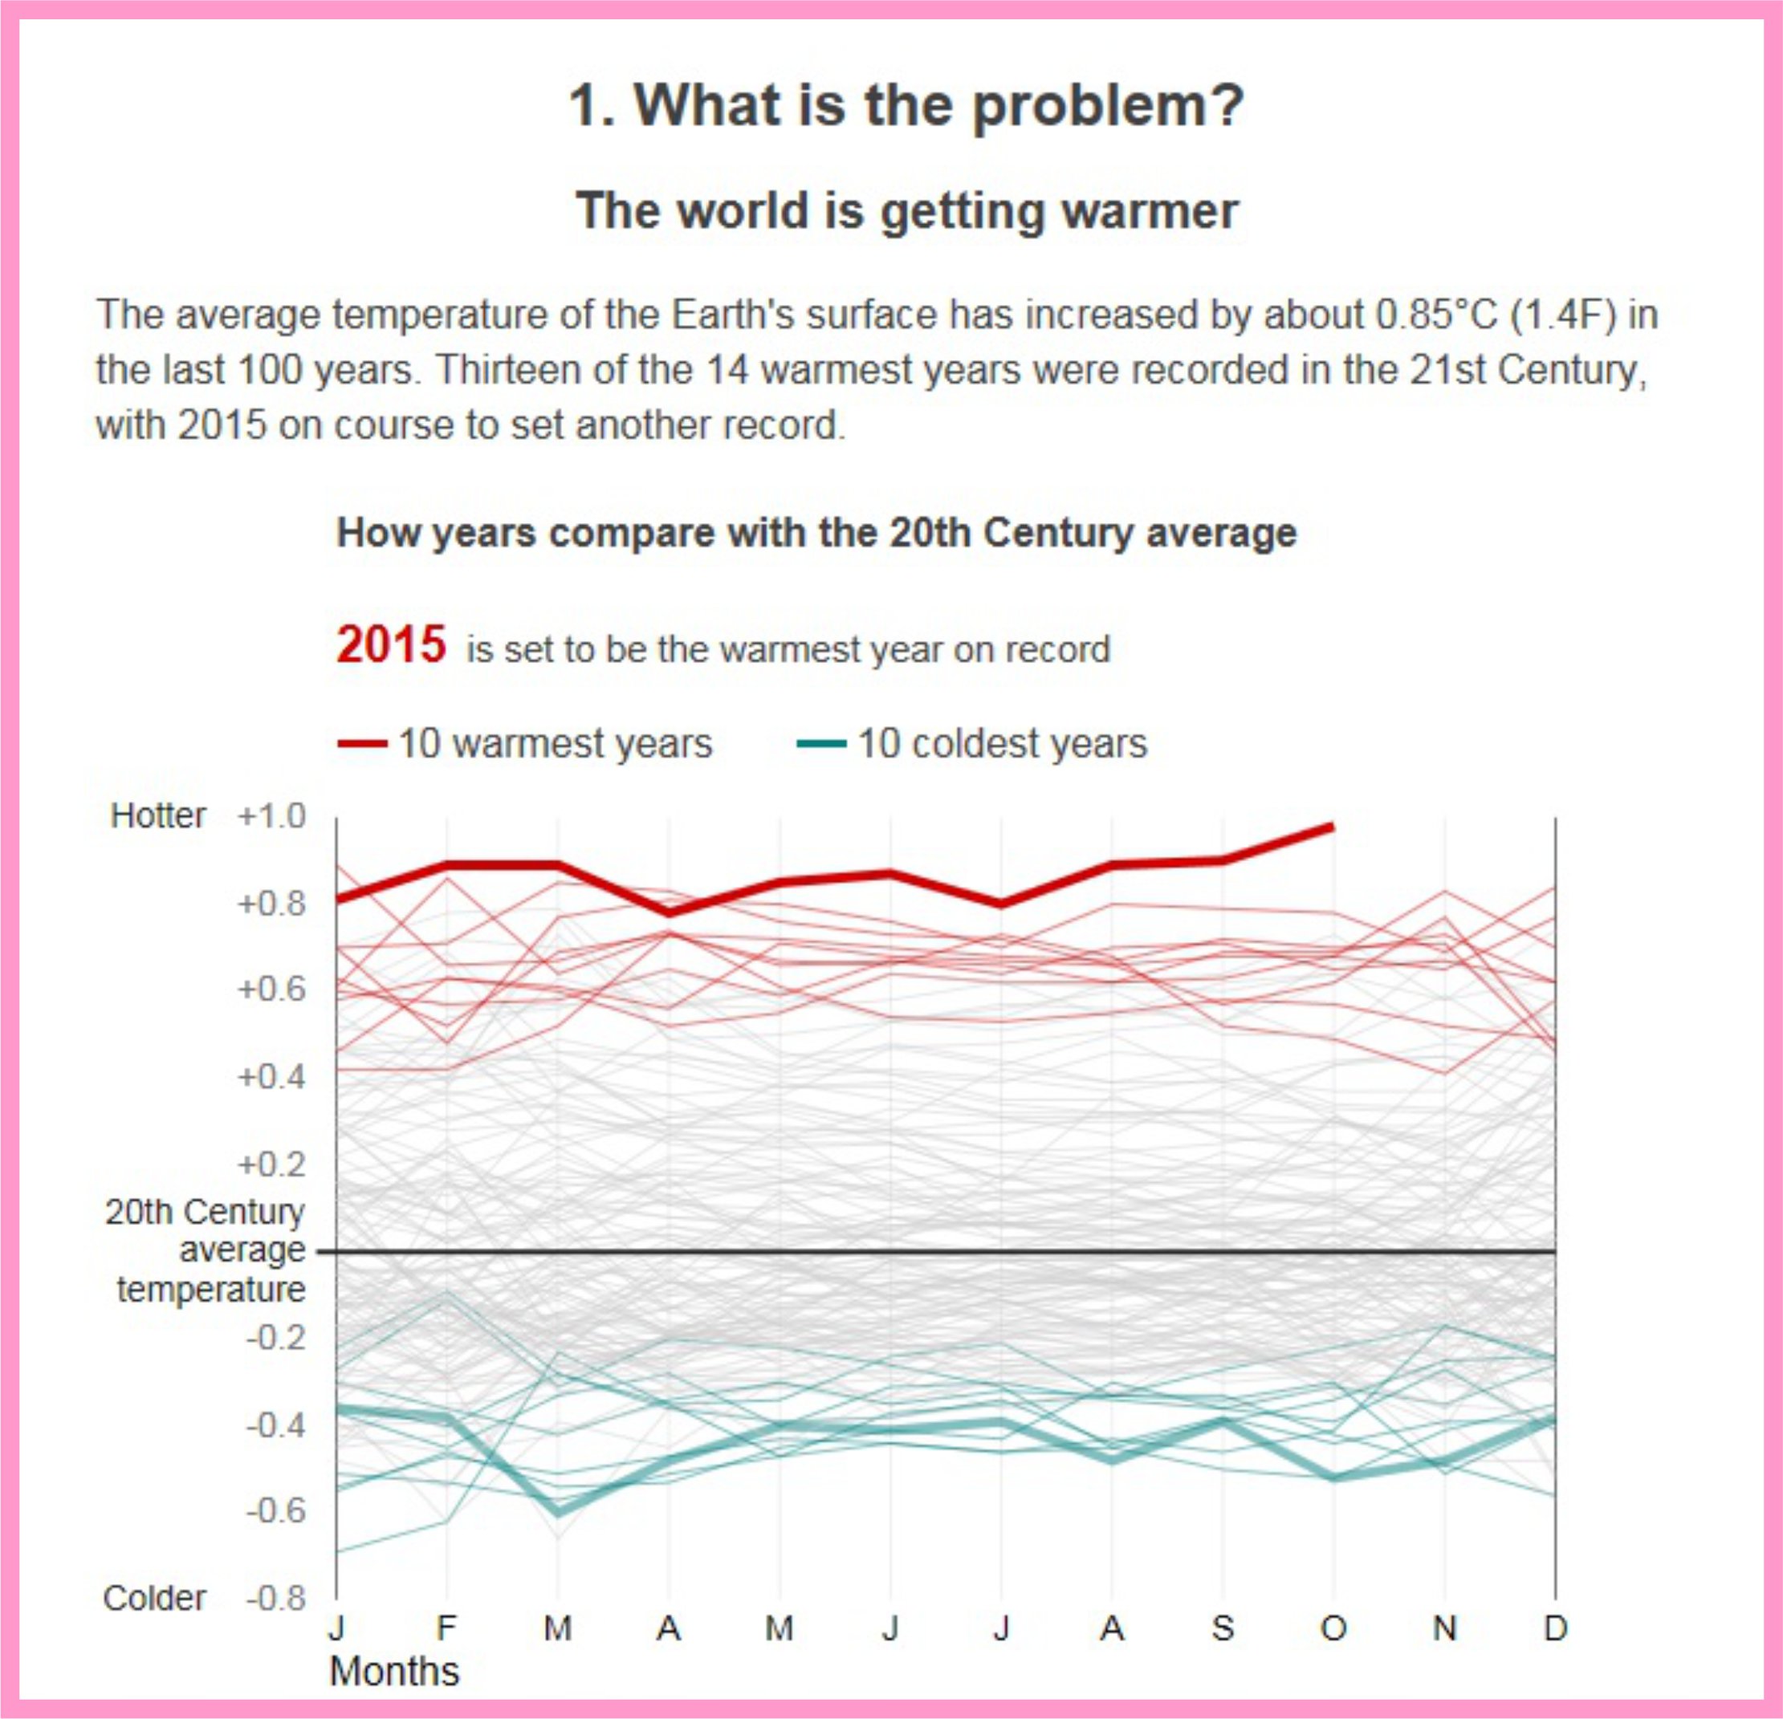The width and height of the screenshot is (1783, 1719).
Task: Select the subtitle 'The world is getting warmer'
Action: click(906, 211)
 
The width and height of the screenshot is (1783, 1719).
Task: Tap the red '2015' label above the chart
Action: click(391, 645)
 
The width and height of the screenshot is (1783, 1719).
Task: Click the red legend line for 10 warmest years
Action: click(362, 744)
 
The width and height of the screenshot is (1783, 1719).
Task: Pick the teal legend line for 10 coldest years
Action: click(821, 744)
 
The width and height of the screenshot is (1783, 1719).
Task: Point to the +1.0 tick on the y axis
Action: click(272, 816)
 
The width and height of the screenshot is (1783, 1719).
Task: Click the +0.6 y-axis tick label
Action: click(272, 990)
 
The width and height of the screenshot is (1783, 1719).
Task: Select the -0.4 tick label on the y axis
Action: click(275, 1425)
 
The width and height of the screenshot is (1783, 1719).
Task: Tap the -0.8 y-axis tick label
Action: click(275, 1598)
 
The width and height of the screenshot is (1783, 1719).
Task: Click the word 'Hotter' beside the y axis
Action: click(158, 816)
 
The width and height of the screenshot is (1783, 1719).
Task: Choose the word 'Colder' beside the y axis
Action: click(155, 1598)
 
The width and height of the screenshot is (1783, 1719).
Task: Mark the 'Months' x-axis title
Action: click(395, 1672)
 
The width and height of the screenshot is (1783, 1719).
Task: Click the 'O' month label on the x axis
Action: click(1333, 1628)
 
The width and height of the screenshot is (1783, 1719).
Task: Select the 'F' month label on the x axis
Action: click(446, 1628)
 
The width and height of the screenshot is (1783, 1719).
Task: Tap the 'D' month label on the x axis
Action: click(1556, 1628)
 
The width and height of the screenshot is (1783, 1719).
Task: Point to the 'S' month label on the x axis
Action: click(1223, 1628)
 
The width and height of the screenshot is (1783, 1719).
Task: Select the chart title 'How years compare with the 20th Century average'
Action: click(816, 533)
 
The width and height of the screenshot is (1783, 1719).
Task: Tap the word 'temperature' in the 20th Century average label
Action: click(211, 1290)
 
